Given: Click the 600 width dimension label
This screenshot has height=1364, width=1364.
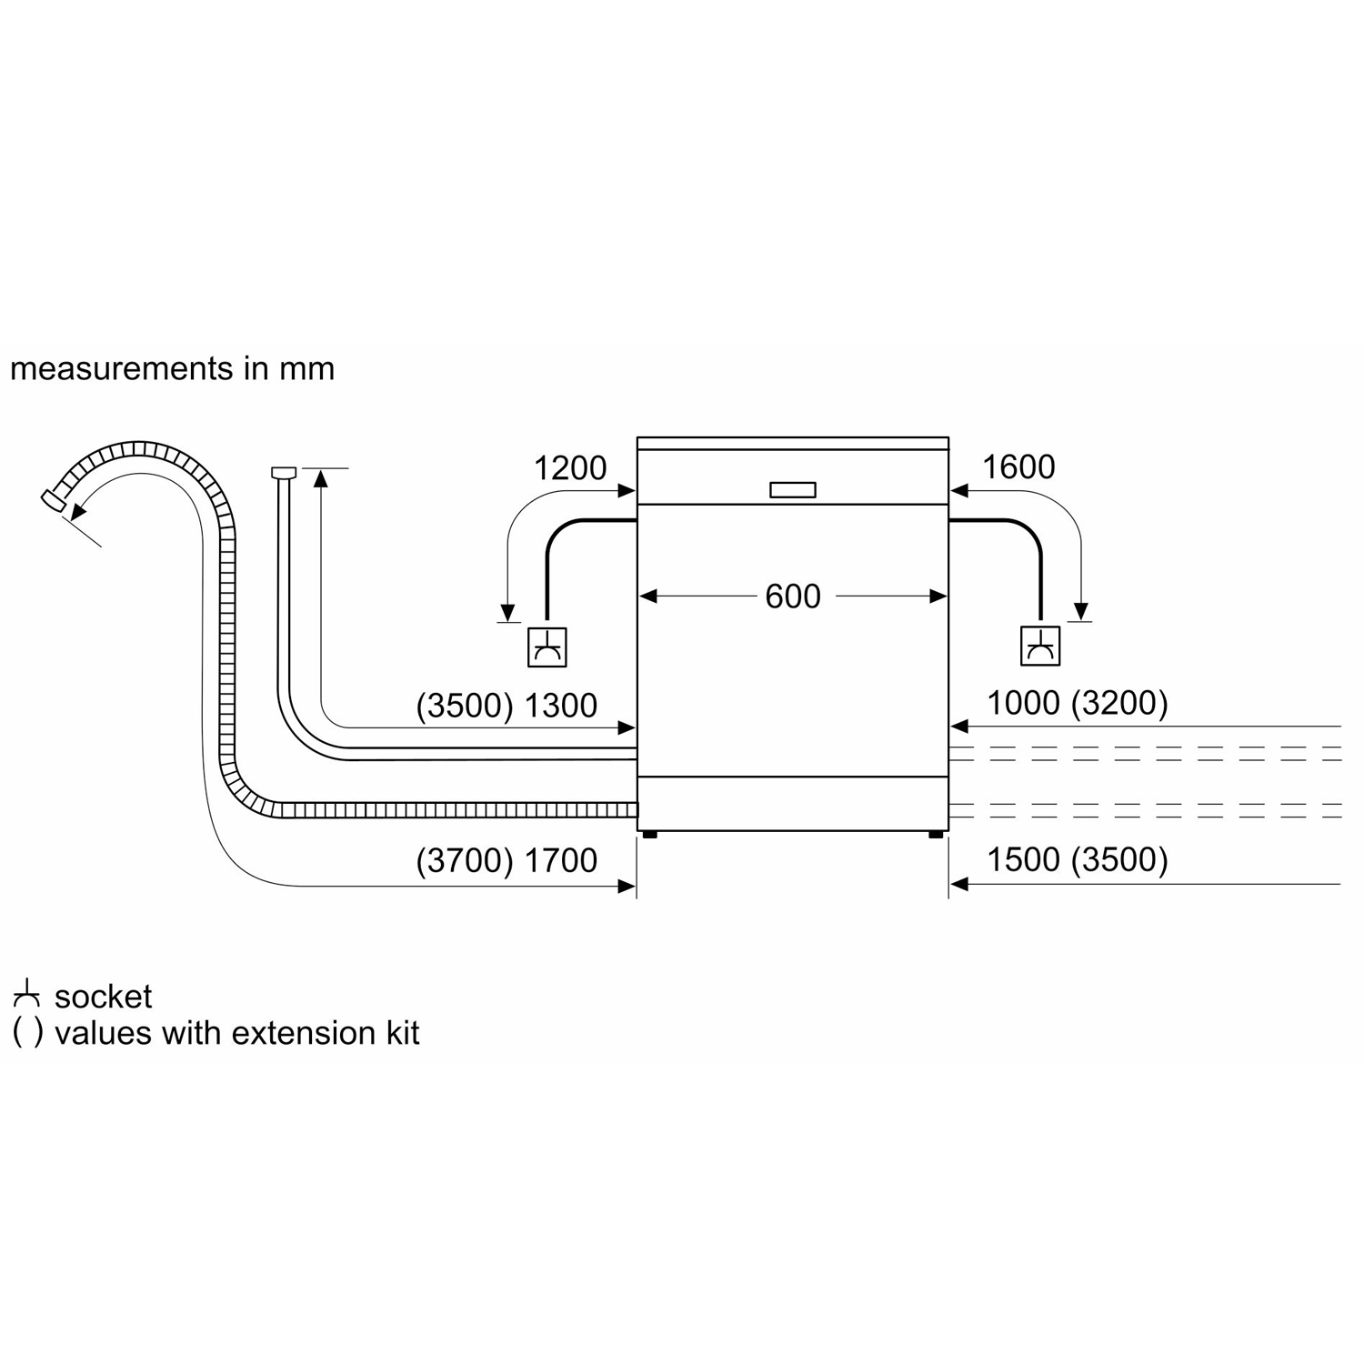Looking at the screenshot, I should (792, 597).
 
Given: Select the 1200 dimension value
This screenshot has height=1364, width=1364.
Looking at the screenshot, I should (569, 468).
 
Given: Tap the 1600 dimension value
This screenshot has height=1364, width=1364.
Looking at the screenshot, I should (1018, 467).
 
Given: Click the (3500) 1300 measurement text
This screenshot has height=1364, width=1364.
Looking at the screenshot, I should (506, 706).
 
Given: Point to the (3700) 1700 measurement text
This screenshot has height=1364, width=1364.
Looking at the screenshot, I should (506, 860).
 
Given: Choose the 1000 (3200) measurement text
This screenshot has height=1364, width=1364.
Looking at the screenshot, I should (1078, 703).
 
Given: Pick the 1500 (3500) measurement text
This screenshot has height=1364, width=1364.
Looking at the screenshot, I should (1078, 859).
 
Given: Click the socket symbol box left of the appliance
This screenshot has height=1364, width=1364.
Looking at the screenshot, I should (547, 647).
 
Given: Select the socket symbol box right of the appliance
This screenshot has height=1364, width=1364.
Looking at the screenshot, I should (1040, 647).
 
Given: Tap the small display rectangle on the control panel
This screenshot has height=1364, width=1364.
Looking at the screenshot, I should (792, 490).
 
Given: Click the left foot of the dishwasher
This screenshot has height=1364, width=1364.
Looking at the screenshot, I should (649, 834).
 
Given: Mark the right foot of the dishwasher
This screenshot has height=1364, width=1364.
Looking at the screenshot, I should (937, 834).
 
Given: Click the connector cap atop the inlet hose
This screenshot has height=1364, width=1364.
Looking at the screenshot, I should (284, 472).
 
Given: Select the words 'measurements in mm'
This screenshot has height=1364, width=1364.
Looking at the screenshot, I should (172, 368).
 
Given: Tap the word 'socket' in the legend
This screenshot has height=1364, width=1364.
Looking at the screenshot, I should (104, 997).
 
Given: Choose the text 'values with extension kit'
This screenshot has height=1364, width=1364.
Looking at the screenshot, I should (236, 1033).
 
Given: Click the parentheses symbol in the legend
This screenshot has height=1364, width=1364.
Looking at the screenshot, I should (27, 1034).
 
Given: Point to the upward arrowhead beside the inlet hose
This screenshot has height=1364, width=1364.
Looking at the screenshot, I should (320, 478).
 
